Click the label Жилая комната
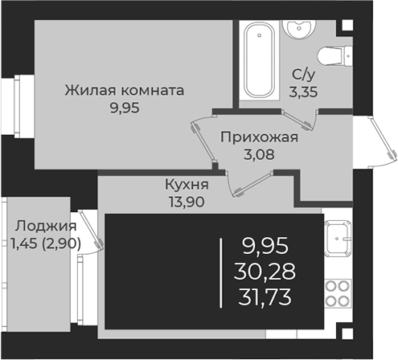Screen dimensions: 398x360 [125, 91]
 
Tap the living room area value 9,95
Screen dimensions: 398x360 [125, 108]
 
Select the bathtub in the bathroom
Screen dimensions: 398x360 [260, 59]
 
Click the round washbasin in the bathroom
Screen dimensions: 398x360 [298, 28]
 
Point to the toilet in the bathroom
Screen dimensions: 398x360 [334, 56]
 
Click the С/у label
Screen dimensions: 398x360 [303, 75]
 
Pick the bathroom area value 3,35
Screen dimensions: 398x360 [303, 92]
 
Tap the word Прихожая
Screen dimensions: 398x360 [259, 137]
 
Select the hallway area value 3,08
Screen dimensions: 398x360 [259, 154]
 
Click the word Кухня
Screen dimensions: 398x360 [187, 185]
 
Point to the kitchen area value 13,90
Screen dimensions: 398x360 [187, 202]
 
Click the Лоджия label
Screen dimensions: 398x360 [46, 226]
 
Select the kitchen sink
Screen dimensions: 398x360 [338, 238]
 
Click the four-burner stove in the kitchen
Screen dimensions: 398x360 [338, 293]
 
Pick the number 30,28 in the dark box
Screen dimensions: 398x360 [265, 272]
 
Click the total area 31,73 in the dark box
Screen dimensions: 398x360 [265, 297]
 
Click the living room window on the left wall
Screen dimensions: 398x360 [18, 106]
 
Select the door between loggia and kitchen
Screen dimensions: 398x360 [90, 231]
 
